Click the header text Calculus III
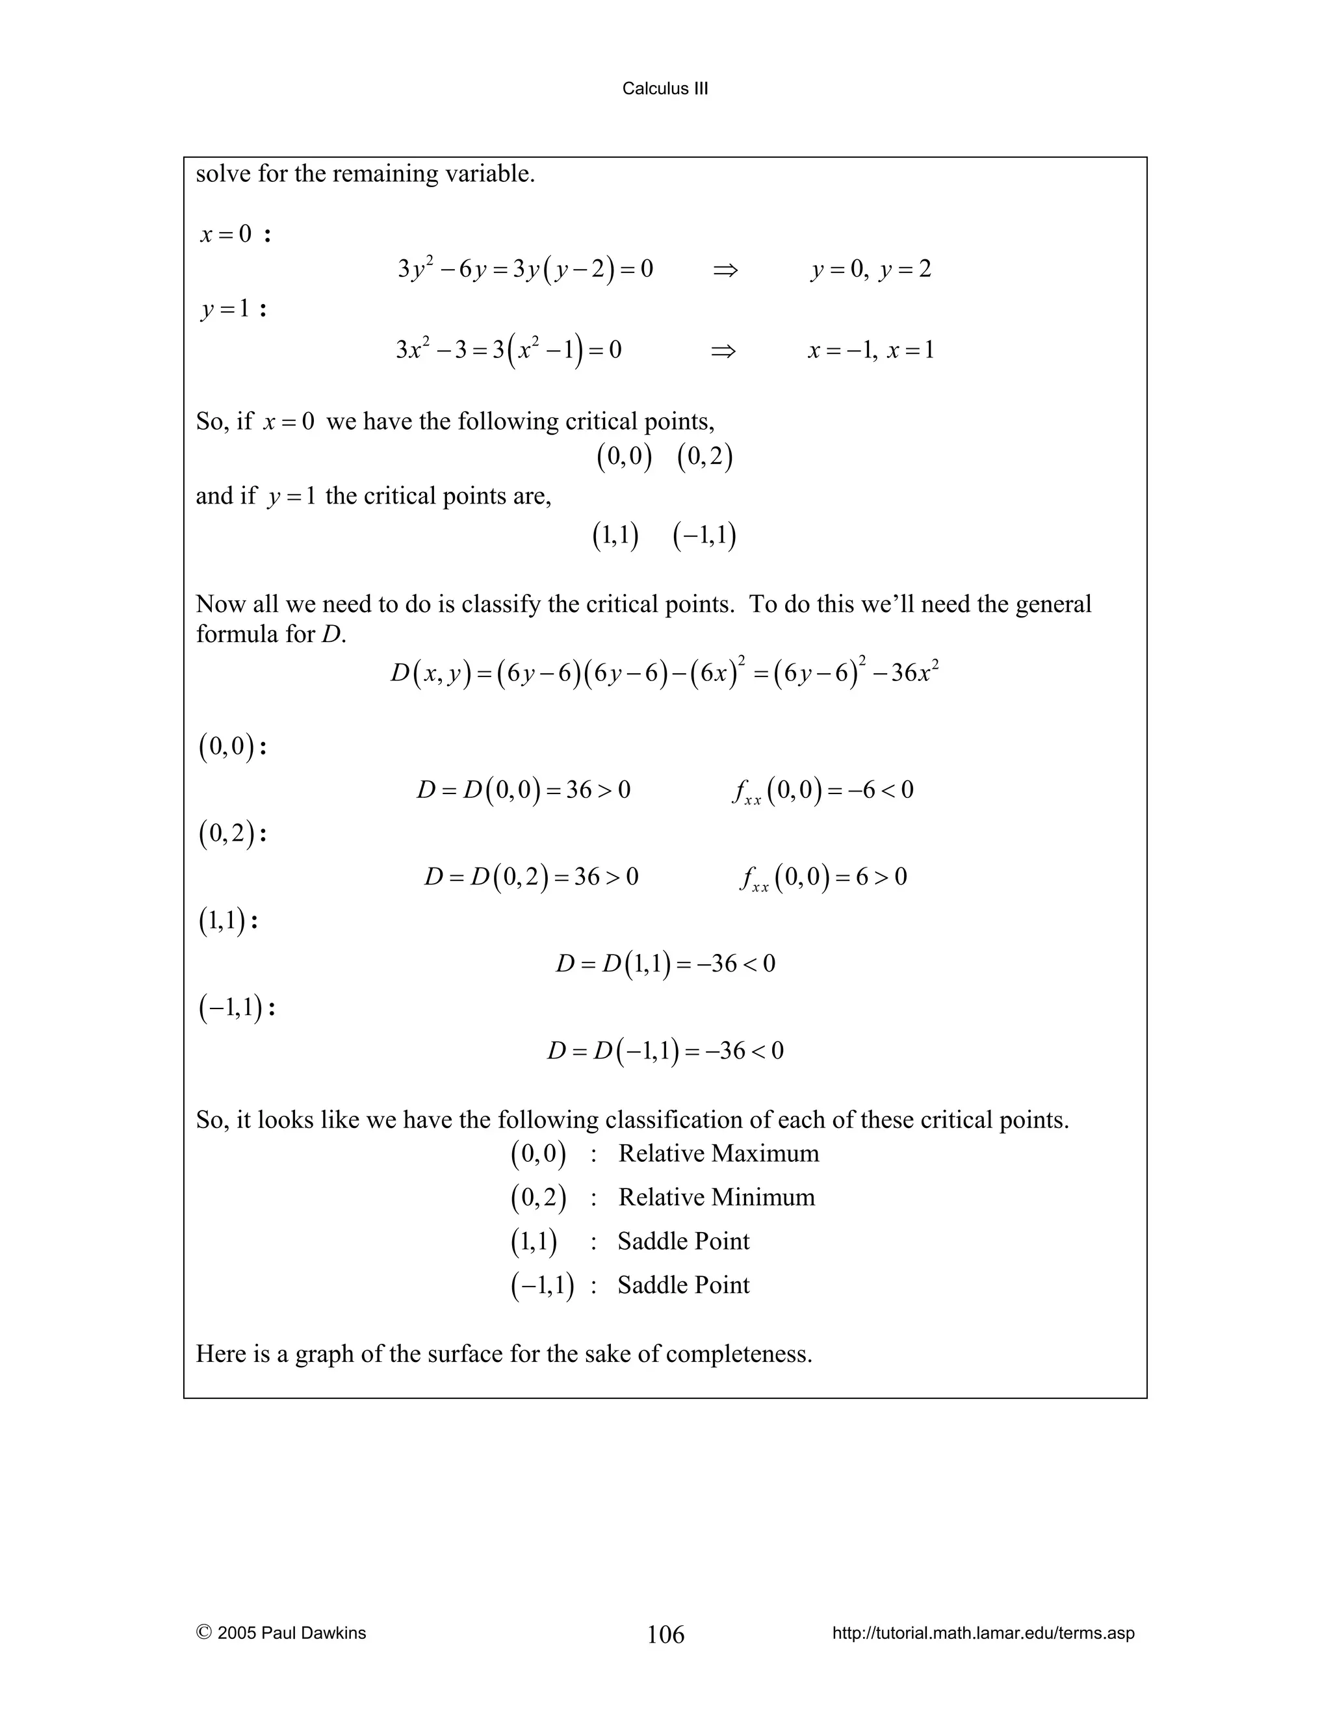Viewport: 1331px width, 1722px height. click(665, 89)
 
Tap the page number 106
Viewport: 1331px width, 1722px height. click(665, 1634)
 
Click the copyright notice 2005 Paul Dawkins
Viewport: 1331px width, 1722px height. click(281, 1633)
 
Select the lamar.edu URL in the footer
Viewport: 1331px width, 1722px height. click(983, 1633)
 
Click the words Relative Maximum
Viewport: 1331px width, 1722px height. click(718, 1153)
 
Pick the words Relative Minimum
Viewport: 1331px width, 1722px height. click(716, 1197)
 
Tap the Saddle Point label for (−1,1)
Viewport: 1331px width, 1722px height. click(683, 1285)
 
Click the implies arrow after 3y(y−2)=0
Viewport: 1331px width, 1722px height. click(725, 270)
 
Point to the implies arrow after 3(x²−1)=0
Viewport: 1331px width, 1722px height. click(723, 351)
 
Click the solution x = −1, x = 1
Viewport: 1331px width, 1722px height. click(870, 351)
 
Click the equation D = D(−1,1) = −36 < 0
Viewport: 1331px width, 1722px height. click(665, 1051)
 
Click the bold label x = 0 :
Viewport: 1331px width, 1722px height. click(235, 235)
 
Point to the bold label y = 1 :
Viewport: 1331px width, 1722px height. click(233, 309)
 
